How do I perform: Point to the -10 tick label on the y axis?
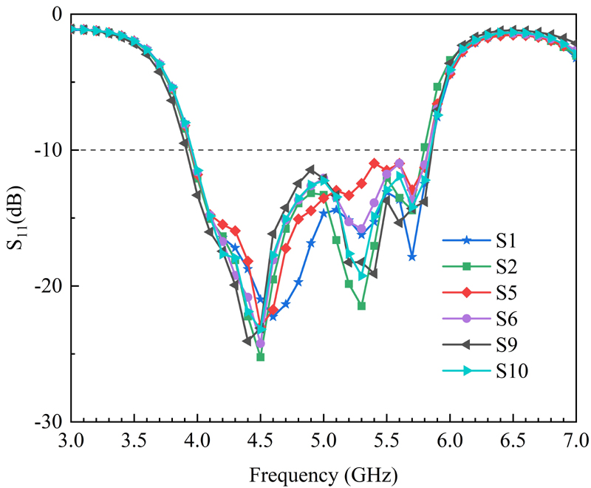tap(47, 150)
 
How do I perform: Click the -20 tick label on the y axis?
tap(47, 286)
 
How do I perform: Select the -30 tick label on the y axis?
tap(47, 421)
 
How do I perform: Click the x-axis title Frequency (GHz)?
tap(324, 471)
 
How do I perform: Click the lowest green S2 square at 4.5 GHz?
tap(261, 357)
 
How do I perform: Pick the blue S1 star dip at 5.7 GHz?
tap(411, 257)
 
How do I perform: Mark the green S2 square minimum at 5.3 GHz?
tap(361, 305)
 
